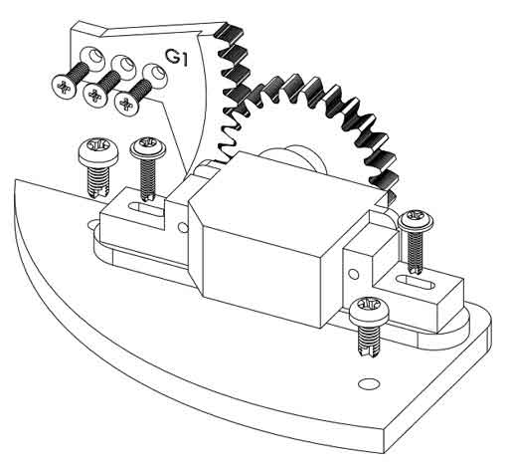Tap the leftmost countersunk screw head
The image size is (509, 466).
point(63,88)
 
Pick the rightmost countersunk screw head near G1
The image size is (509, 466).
point(126,104)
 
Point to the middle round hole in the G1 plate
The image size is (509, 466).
point(124,64)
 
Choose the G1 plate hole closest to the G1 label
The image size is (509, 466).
point(155,73)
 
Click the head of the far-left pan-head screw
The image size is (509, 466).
point(97,151)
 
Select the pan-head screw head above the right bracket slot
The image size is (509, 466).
point(417,219)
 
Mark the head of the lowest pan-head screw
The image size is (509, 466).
point(370,311)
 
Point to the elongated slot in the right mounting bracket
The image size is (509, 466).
point(415,282)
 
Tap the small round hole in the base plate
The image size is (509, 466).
point(367,382)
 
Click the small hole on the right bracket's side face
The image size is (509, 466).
point(354,274)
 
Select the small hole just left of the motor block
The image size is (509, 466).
point(183,227)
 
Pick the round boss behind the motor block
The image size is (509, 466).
point(291,159)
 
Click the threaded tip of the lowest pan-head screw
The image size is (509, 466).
point(369,351)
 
